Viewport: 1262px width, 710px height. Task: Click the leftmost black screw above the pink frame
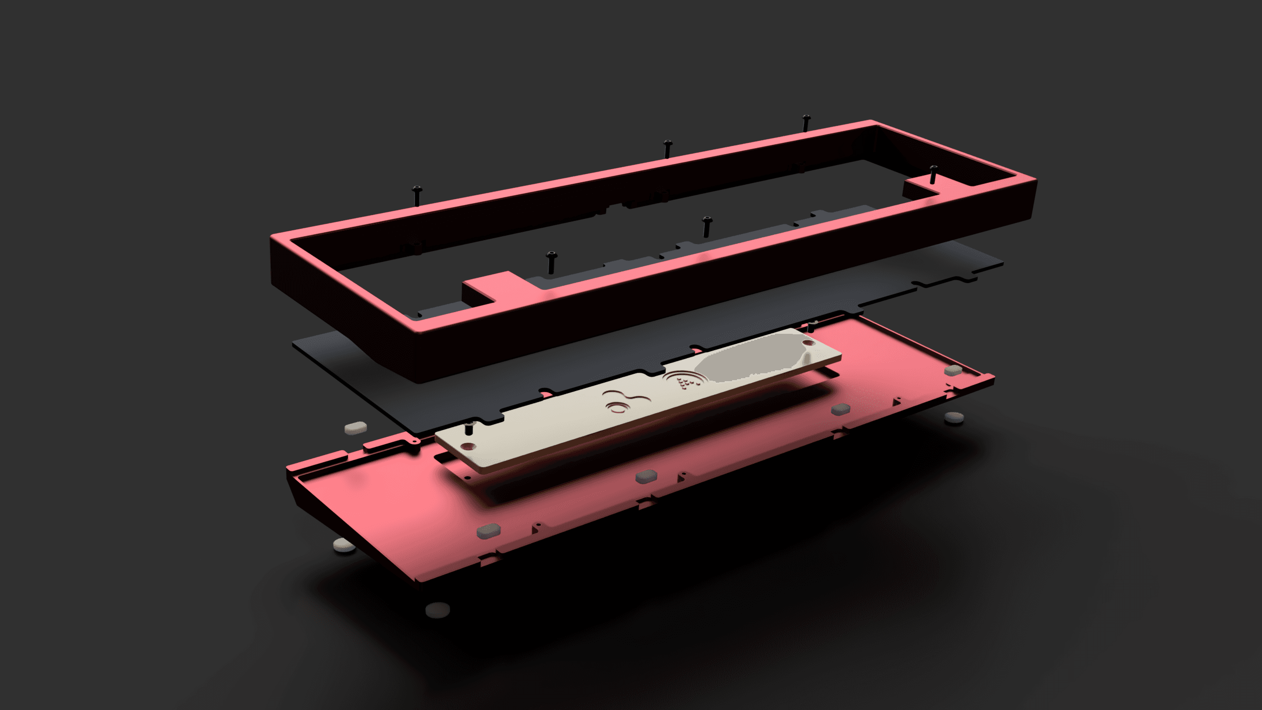418,195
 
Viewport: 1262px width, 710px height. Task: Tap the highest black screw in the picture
806,123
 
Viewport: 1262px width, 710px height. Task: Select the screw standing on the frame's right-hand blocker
933,175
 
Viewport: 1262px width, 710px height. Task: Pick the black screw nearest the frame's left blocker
551,262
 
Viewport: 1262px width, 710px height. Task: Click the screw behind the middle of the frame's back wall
667,148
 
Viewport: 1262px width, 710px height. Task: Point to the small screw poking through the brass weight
469,428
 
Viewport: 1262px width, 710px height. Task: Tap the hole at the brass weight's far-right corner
807,342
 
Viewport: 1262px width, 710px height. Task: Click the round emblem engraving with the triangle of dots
685,382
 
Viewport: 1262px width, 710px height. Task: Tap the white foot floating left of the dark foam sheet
355,427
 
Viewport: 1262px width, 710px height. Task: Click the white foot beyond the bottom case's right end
954,418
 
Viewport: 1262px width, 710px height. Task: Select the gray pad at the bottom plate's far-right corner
953,370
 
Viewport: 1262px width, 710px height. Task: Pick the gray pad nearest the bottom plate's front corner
489,530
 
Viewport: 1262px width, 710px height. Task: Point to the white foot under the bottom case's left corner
344,545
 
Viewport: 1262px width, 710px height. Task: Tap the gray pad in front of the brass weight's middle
646,476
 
